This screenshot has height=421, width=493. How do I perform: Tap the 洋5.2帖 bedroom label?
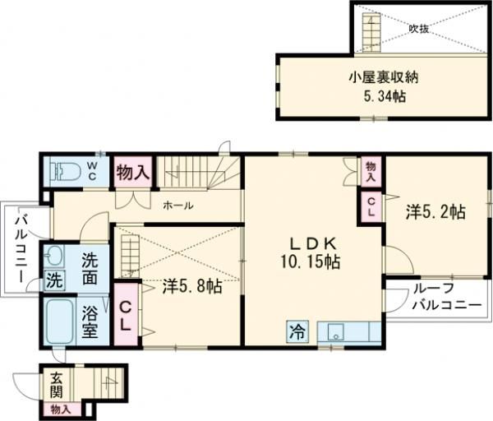pyautogui.click(x=435, y=212)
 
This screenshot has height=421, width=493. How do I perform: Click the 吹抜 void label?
pyautogui.click(x=419, y=28)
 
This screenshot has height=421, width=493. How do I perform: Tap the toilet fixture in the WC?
pyautogui.click(x=63, y=172)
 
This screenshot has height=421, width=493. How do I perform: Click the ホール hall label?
pyautogui.click(x=177, y=206)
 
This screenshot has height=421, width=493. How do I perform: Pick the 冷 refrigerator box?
pyautogui.click(x=296, y=332)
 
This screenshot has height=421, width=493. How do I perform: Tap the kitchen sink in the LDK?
pyautogui.click(x=338, y=332)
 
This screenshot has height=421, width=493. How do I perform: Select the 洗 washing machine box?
pyautogui.click(x=54, y=279)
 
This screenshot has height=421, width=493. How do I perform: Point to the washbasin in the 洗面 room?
pyautogui.click(x=55, y=255)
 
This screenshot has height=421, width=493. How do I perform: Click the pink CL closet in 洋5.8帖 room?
pyautogui.click(x=126, y=316)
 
